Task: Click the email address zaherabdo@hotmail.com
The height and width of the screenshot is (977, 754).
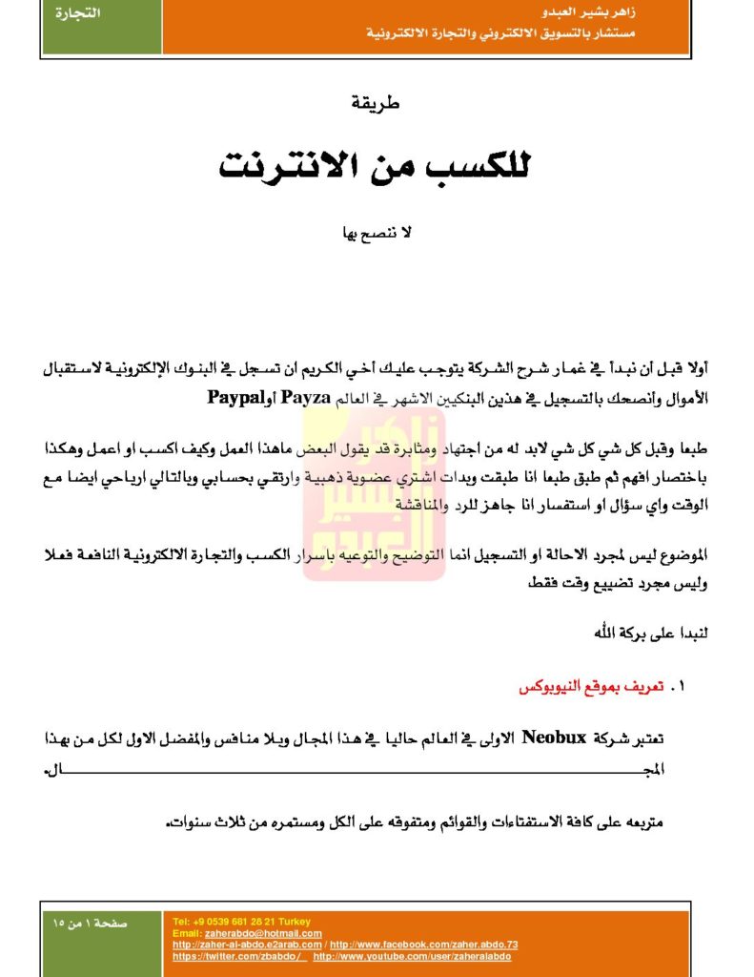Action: click(x=263, y=932)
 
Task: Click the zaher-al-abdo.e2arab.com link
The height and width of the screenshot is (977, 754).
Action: click(x=247, y=944)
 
